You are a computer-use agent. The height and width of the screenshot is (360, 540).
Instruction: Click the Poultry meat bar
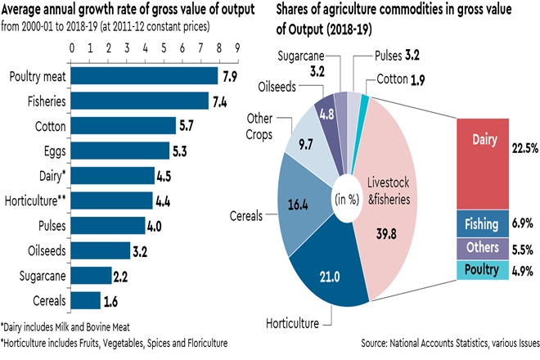(145, 77)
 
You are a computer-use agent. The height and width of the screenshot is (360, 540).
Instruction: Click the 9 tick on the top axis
(237, 47)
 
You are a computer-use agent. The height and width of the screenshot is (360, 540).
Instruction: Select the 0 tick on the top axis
(74, 47)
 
